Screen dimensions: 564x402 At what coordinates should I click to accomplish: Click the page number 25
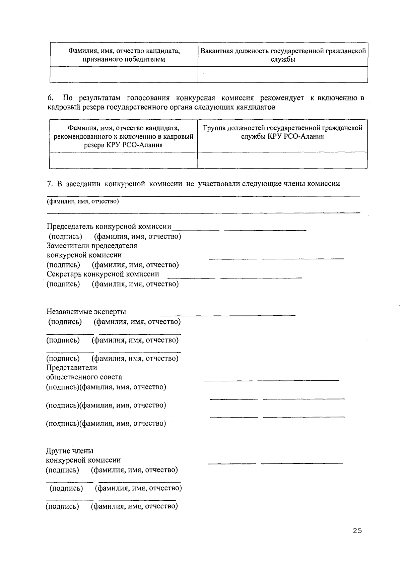pyautogui.click(x=357, y=530)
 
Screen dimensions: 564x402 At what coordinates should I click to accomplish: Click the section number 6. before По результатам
pyautogui.click(x=50, y=98)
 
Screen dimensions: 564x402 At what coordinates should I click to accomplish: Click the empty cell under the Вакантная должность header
pyautogui.click(x=283, y=74)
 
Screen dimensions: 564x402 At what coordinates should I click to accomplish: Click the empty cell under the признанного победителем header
pyautogui.click(x=124, y=74)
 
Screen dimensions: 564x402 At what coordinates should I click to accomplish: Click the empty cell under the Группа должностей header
pyautogui.click(x=282, y=160)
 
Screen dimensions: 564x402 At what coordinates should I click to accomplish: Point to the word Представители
pyautogui.click(x=71, y=368)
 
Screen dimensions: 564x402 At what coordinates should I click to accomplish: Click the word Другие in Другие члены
pyautogui.click(x=57, y=451)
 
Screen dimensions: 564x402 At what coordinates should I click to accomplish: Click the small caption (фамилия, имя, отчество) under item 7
pyautogui.click(x=83, y=201)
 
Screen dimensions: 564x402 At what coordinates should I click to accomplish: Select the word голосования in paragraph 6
pyautogui.click(x=148, y=98)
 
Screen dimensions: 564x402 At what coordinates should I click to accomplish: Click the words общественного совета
pyautogui.click(x=84, y=377)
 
